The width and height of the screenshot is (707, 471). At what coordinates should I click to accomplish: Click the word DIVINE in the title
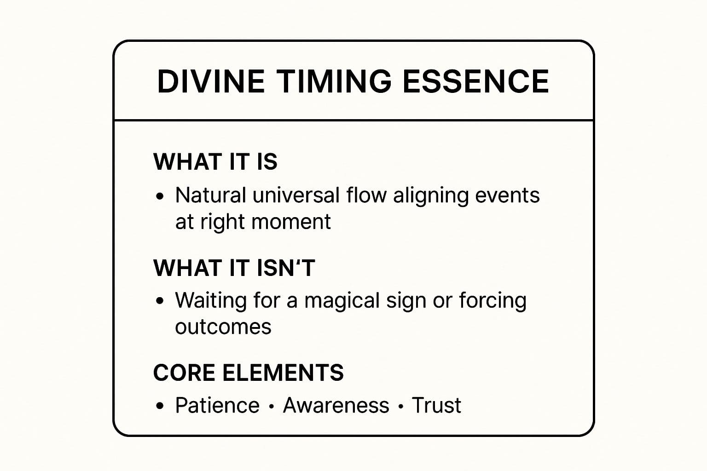point(210,81)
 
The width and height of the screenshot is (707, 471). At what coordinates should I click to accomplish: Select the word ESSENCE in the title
point(475,81)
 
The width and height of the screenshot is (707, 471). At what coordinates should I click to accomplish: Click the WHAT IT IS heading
point(215,161)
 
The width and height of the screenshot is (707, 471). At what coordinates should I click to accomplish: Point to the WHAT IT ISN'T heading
point(234,268)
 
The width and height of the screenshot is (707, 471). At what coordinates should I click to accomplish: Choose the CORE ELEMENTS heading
point(248,373)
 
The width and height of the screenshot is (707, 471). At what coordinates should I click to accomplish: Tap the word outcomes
point(223,327)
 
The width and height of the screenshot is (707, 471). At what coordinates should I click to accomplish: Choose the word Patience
point(217,405)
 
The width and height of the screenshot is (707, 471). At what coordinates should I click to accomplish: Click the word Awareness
point(336,405)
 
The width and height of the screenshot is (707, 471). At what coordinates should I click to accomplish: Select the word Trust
point(436,405)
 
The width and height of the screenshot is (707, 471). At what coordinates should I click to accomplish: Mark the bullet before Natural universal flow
point(160,196)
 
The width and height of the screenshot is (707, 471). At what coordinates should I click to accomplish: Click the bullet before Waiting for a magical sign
point(160,301)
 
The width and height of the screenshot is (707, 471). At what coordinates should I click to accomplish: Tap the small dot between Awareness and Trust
point(401,406)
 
